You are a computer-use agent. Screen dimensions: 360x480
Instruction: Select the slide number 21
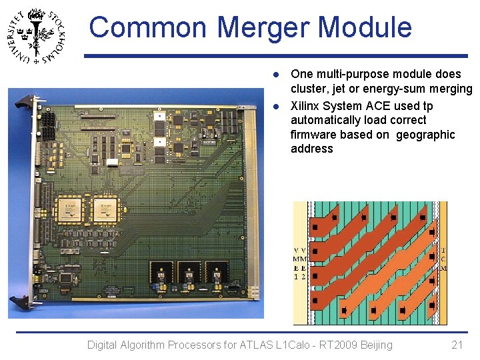point(457,345)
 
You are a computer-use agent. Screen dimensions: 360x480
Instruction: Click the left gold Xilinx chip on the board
point(71,210)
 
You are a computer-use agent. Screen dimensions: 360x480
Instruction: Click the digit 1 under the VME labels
point(297,275)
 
